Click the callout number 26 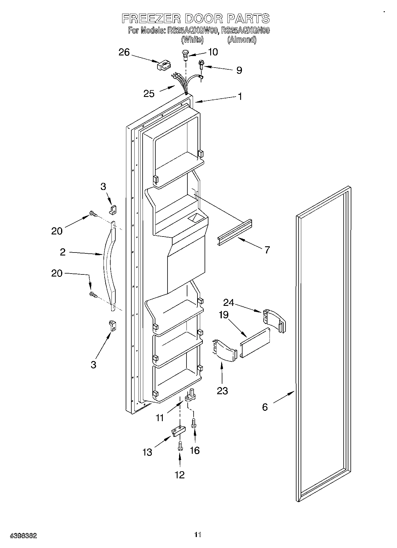[x=124, y=52]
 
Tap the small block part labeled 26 [x=164, y=65]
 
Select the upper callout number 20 [x=57, y=231]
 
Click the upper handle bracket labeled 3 [x=113, y=210]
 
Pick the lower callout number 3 [x=93, y=365]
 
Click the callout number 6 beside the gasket [x=265, y=407]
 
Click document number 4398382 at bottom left [x=23, y=536]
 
